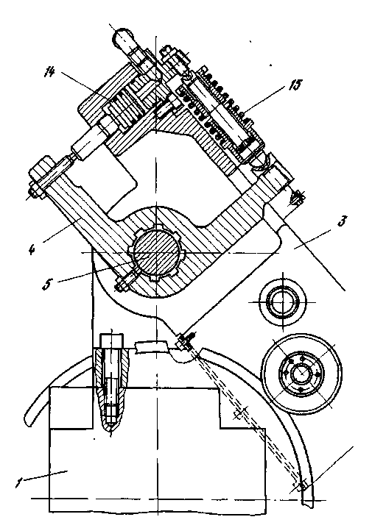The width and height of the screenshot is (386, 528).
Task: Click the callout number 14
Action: point(49,72)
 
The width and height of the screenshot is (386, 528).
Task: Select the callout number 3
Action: point(342,222)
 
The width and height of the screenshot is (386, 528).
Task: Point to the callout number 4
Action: point(32,249)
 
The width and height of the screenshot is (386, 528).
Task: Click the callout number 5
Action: point(47,284)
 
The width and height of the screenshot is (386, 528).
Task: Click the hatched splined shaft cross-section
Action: point(155,252)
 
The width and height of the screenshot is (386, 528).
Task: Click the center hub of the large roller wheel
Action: point(301,373)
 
